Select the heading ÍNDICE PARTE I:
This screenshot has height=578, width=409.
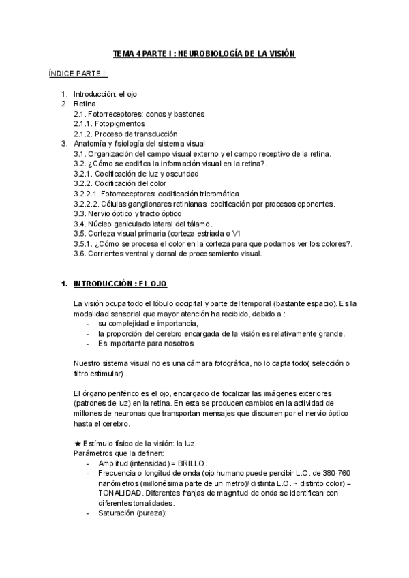[78, 74]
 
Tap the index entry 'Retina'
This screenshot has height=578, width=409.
[85, 104]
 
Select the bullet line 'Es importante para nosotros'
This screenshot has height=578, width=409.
[141, 343]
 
